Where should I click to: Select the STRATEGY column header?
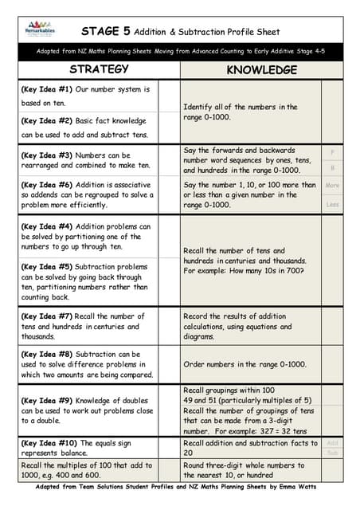tap(94, 70)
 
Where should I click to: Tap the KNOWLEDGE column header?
tap(262, 70)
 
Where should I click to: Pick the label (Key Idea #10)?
tap(47, 443)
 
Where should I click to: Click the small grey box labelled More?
tap(332, 185)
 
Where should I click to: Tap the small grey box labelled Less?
tap(332, 205)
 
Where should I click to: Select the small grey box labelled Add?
tap(332, 443)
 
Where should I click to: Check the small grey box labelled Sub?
tap(332, 453)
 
